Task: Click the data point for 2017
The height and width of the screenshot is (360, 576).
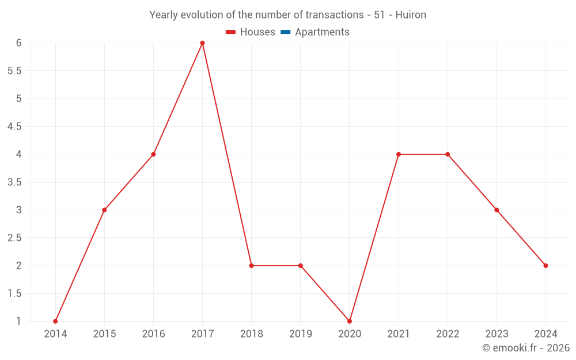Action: (202, 43)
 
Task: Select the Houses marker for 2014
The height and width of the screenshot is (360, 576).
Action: (55, 321)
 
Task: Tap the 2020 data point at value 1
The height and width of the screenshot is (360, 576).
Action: (350, 321)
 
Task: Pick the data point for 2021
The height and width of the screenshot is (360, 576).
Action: (399, 154)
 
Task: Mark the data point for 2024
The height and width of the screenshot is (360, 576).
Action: (545, 266)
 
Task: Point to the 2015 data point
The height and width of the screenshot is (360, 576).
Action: (104, 210)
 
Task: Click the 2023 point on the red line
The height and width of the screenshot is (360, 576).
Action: (497, 210)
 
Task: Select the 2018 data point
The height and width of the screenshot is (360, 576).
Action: (251, 266)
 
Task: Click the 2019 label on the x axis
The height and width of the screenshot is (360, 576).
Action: (301, 334)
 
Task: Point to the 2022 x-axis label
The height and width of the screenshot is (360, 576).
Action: (448, 334)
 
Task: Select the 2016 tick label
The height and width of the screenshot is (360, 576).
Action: (153, 334)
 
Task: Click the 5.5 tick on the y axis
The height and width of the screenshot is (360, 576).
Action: (14, 71)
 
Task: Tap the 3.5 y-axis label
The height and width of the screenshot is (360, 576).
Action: (14, 182)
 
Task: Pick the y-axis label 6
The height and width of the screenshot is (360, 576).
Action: (19, 43)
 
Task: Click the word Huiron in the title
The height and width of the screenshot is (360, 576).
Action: (411, 15)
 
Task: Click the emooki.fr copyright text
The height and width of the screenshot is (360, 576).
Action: (526, 348)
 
